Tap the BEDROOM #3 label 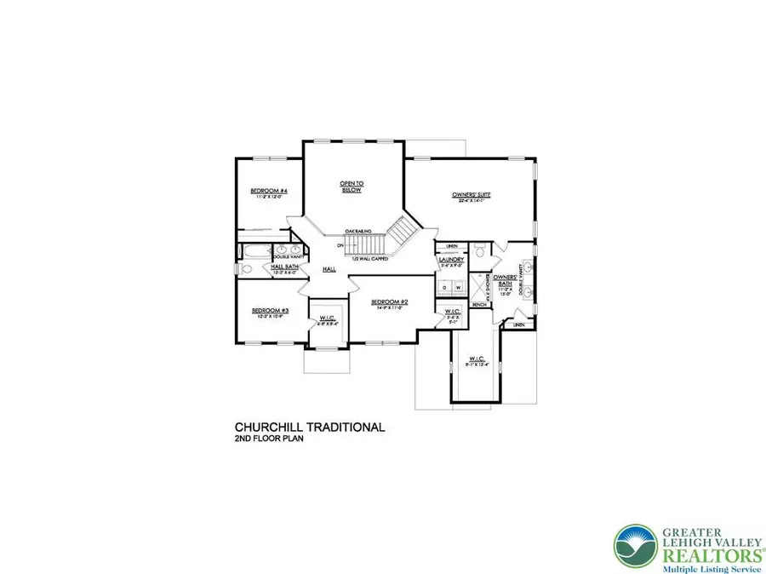point(271,311)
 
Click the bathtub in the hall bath point(254,252)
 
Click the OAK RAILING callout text point(356,231)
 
